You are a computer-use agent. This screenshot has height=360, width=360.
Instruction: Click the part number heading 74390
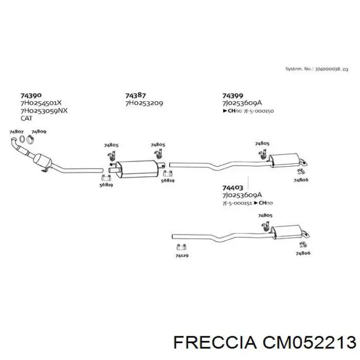click(x=31, y=95)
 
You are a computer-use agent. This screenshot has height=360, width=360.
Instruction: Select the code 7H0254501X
click(x=41, y=103)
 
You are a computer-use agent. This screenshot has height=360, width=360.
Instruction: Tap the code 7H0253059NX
click(x=44, y=111)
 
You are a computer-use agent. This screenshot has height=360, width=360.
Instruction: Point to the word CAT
click(x=26, y=118)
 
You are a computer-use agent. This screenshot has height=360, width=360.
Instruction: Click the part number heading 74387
click(x=136, y=95)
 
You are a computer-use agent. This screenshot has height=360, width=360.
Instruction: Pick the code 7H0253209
click(x=144, y=103)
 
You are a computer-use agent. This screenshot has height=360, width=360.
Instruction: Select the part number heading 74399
click(x=232, y=95)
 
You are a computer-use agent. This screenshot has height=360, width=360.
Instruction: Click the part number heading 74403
click(x=232, y=188)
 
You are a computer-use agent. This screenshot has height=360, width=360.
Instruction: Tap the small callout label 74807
click(x=16, y=132)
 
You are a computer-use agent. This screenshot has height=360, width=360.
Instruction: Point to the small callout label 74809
click(x=39, y=132)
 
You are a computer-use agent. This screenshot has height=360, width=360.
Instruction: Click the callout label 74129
click(x=182, y=255)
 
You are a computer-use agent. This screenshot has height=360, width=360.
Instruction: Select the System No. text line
click(x=317, y=68)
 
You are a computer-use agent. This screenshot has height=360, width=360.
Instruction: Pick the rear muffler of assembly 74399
click(x=284, y=160)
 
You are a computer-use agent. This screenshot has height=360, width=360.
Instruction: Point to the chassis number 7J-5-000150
click(x=258, y=111)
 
